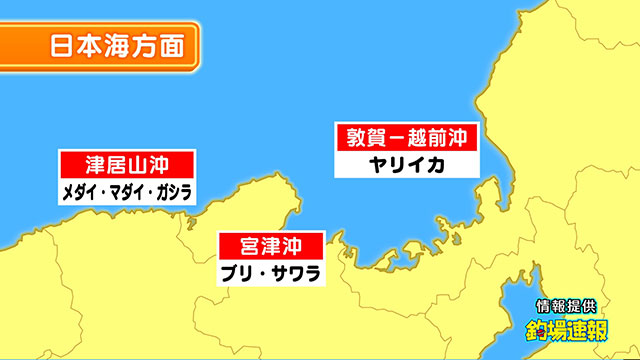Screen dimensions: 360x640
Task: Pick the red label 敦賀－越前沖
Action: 407,136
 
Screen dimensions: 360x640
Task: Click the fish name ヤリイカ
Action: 406,164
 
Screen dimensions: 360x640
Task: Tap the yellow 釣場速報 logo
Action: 567,329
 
